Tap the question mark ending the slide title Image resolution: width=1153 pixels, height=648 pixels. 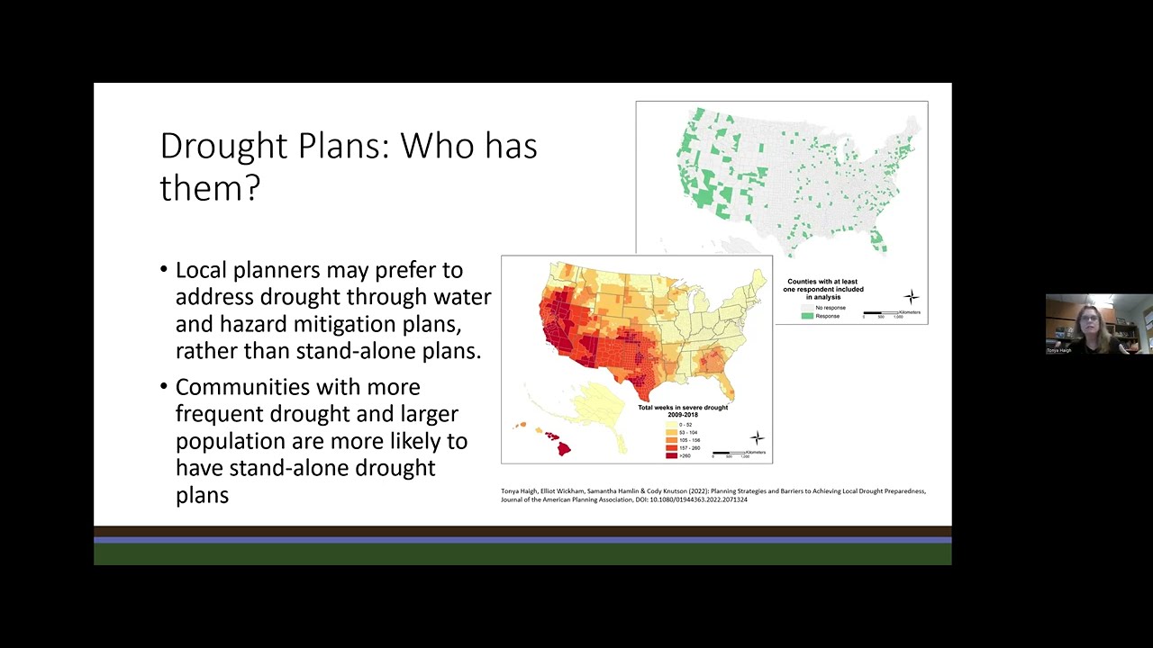point(252,188)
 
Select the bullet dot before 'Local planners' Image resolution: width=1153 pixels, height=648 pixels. point(164,270)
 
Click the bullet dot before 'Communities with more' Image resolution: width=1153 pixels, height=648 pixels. point(164,387)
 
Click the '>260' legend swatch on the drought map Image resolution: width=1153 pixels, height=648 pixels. point(671,455)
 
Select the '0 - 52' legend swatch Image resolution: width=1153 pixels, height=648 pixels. point(671,424)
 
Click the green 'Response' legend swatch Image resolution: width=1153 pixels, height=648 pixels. point(808,316)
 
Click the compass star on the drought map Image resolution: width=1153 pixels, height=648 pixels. point(757,438)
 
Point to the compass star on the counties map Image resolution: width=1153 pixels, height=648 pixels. point(912,296)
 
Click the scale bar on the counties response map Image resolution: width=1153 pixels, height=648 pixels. point(881,312)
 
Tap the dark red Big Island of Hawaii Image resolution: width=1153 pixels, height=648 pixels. point(564,447)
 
